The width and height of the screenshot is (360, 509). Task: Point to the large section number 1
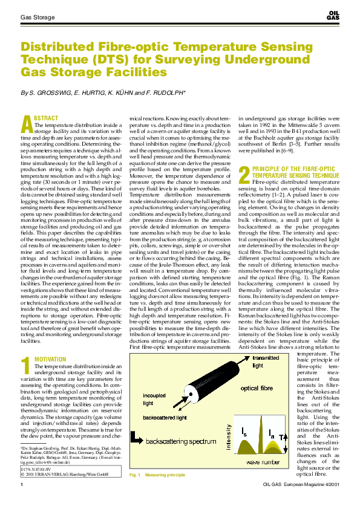pos(25,365)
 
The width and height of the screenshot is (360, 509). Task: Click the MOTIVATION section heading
pos(50,359)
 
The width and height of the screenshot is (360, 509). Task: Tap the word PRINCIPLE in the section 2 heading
pos(268,168)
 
